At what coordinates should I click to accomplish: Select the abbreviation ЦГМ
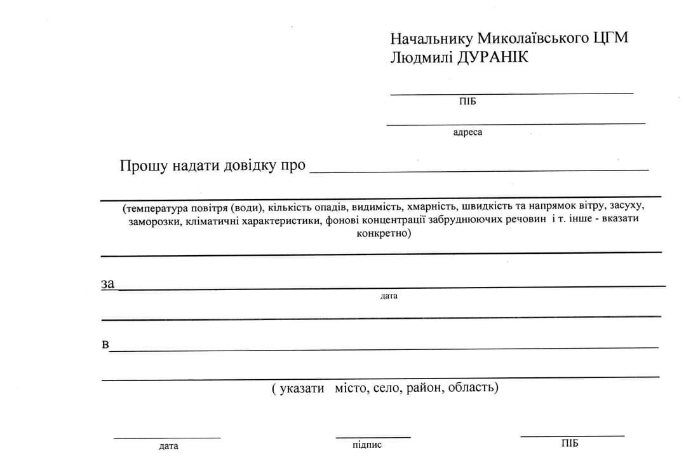pos(610,38)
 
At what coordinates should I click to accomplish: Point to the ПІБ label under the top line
pos(467,101)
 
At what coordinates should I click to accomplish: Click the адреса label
pos(467,132)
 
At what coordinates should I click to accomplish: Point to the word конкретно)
pos(384,233)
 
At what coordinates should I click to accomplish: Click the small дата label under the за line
pos(389,296)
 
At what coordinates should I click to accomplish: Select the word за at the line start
pos(107,284)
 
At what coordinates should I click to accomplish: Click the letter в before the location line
pos(105,345)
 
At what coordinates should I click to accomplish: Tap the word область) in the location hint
pos(473,387)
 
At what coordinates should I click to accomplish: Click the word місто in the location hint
pos(351,387)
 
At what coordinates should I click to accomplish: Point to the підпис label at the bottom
pos(367,445)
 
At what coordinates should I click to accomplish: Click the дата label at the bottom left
pos(168,446)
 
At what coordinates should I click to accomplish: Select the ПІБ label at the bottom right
pos(570,443)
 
